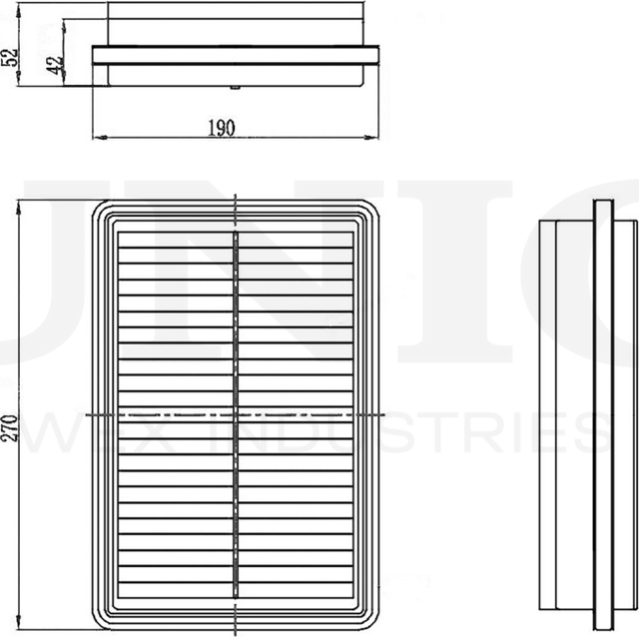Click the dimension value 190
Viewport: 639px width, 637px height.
[x=221, y=127]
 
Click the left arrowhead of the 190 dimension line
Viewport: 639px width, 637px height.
[x=97, y=135]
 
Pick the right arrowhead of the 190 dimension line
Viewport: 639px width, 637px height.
[x=377, y=135]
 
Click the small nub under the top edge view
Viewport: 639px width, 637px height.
[x=234, y=87]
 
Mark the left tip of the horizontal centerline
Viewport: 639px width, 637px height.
[x=89, y=412]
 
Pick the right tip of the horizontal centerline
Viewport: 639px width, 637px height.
[x=383, y=412]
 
